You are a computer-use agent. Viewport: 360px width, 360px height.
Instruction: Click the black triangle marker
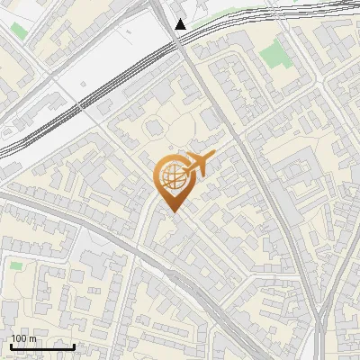point(181,23)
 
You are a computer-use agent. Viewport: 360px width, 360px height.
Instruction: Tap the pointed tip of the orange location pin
point(171,211)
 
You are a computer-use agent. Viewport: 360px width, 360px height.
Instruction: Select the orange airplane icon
point(196,165)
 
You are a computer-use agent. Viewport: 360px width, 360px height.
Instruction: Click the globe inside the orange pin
point(171,176)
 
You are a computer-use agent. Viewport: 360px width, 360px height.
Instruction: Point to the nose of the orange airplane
point(213,157)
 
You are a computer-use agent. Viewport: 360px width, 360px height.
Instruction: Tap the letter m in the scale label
point(32,338)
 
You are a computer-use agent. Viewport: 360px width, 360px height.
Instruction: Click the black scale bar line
point(42,346)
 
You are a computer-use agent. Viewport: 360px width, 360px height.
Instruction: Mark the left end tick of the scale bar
point(11,345)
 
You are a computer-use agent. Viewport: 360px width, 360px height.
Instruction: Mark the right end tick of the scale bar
point(74,345)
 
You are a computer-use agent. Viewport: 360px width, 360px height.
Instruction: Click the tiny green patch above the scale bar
point(16,265)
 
